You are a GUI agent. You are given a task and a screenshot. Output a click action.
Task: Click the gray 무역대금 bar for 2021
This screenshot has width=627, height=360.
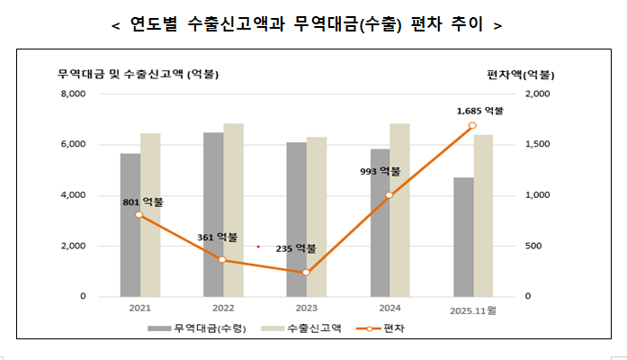(x=130, y=225)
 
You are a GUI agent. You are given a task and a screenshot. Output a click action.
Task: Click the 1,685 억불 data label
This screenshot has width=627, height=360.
(x=480, y=111)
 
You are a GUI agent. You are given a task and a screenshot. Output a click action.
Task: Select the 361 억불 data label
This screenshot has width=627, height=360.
(x=218, y=238)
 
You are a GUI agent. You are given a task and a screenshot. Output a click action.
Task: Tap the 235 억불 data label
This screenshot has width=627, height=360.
(x=296, y=248)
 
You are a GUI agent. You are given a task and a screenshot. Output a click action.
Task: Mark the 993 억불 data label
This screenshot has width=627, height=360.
(x=379, y=171)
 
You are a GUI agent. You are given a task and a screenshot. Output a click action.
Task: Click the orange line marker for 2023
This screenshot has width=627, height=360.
(x=307, y=272)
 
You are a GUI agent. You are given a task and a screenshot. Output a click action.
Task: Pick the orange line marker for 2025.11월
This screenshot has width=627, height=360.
(x=472, y=125)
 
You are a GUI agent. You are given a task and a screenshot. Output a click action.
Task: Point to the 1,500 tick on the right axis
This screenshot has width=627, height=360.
(x=537, y=144)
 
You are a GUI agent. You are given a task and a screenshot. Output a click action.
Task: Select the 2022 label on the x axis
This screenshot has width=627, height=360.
(x=223, y=308)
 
